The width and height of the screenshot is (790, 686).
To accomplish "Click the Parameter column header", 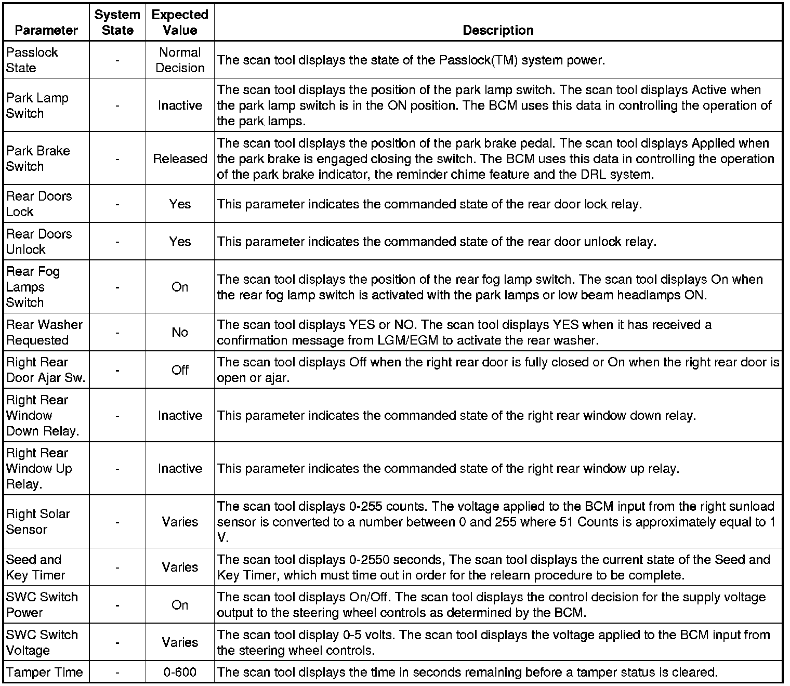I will click(46, 30).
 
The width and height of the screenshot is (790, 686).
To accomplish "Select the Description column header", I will click(498, 30).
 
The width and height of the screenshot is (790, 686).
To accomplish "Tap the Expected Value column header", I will click(180, 22).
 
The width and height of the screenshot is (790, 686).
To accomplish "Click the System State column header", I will click(117, 22).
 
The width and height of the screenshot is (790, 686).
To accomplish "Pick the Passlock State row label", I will click(32, 60).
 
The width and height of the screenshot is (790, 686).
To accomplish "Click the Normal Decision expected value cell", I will click(180, 60).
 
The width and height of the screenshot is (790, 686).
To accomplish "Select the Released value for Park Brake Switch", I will click(180, 159).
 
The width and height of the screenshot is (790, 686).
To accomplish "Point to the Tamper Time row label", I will click(45, 672).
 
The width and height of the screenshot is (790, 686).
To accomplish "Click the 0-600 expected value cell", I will click(180, 672).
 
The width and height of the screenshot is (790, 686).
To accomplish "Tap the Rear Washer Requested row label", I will click(44, 332).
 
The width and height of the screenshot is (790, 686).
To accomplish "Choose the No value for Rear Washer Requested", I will click(180, 332).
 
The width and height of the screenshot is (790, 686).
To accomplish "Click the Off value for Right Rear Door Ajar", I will click(180, 370).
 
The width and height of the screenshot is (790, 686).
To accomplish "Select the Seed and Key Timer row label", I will click(35, 567).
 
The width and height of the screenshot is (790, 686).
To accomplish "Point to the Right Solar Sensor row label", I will click(38, 521).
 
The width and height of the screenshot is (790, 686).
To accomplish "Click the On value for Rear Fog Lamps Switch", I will click(180, 287).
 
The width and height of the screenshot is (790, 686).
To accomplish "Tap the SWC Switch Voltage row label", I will click(42, 642).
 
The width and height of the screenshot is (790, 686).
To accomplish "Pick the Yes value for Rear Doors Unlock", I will click(180, 242).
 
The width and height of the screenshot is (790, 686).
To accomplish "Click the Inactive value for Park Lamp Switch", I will click(180, 105).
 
